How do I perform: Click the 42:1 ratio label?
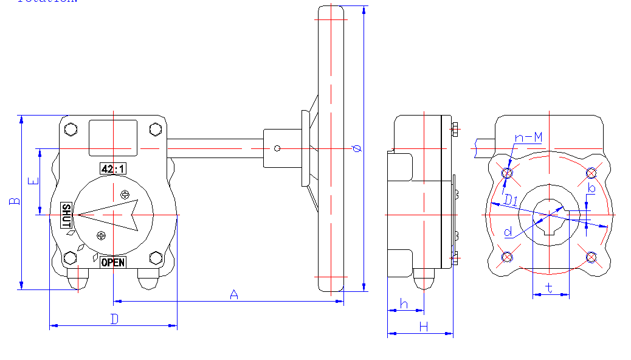(113, 168)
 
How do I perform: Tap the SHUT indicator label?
(67, 216)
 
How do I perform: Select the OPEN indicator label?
(113, 262)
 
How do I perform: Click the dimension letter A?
(233, 294)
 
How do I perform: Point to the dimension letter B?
(14, 201)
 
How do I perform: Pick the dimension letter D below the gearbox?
(114, 319)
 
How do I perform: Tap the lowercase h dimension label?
(403, 303)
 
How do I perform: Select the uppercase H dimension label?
(423, 327)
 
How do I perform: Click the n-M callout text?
(528, 139)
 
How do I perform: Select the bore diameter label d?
(508, 232)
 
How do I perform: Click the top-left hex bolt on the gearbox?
(71, 130)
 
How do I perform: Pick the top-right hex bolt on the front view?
(156, 130)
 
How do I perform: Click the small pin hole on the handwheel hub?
(277, 148)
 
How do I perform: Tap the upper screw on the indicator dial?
(125, 195)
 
